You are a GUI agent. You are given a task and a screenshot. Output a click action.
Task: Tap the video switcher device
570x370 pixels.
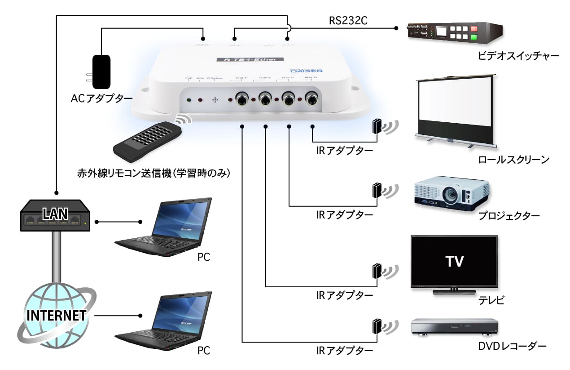click(x=454, y=32)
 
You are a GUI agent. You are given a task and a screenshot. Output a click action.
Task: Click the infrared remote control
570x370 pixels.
click(x=148, y=141)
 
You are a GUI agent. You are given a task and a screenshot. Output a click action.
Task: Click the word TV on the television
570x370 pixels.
click(x=454, y=260)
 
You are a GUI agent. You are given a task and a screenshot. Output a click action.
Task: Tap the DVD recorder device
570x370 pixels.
click(x=455, y=327)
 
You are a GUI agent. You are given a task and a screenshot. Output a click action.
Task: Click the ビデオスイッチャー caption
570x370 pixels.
click(x=518, y=56)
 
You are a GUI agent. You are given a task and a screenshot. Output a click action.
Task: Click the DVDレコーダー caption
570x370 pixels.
click(x=512, y=346)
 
